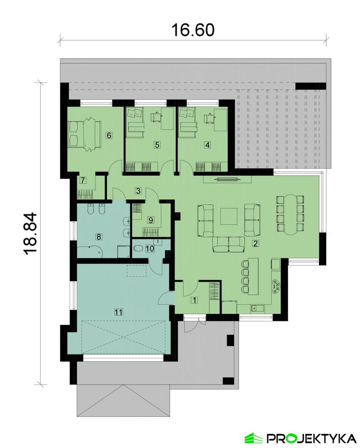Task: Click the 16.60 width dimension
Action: (x=192, y=29)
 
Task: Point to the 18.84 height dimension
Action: (x=31, y=233)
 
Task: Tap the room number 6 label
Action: (x=109, y=135)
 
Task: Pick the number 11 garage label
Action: (x=119, y=312)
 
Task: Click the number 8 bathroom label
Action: (x=99, y=236)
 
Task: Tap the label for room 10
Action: (x=150, y=248)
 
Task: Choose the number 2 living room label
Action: (x=256, y=243)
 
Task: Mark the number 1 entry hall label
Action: (x=195, y=300)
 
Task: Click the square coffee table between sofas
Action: (x=229, y=216)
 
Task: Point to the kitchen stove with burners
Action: (x=276, y=286)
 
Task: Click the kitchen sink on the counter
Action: (x=254, y=308)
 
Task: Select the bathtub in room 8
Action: (x=90, y=251)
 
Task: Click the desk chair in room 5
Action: (x=156, y=117)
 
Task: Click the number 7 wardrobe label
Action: (x=83, y=180)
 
